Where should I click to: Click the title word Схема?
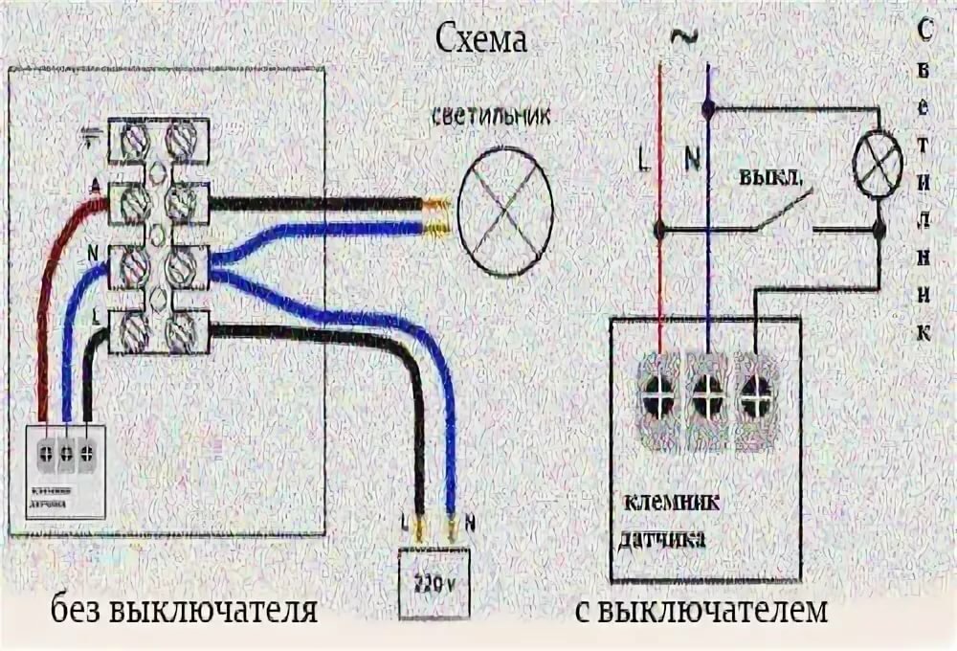481,41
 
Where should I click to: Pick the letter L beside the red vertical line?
641,160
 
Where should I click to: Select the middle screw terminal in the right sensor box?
707,394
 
